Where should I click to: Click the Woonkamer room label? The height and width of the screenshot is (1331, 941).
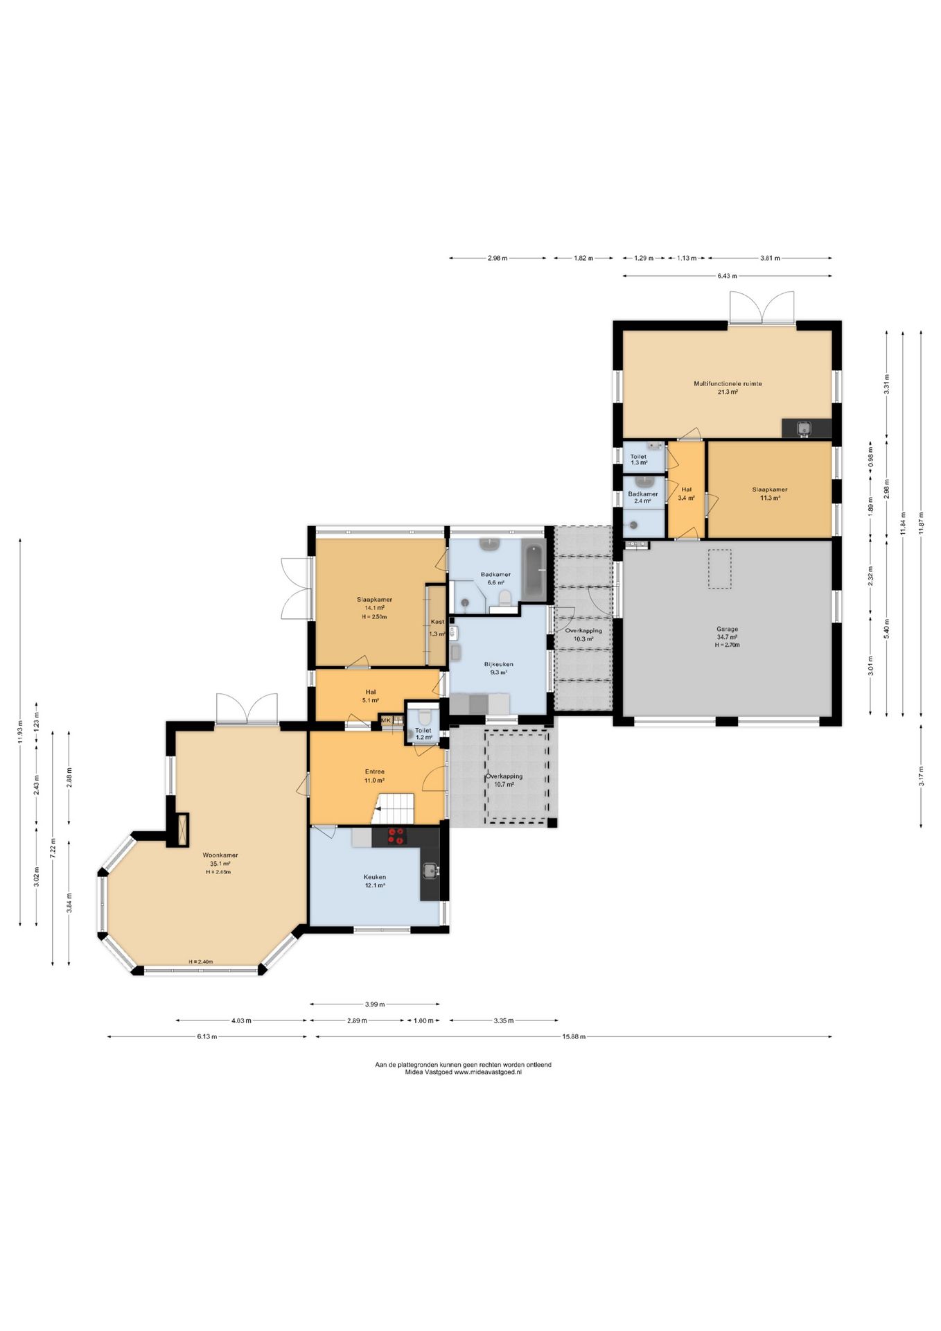click(x=220, y=855)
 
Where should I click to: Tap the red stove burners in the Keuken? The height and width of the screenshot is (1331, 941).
click(x=397, y=836)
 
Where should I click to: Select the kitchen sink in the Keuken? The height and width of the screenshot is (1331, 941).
click(x=430, y=871)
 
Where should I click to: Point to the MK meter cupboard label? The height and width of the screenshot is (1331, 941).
click(x=386, y=720)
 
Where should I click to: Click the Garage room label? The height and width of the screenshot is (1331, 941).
click(x=727, y=629)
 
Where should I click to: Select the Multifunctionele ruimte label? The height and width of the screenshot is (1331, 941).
click(x=728, y=383)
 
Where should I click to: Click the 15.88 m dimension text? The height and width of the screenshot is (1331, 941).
click(x=574, y=1037)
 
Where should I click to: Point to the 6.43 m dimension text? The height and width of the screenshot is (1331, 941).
click(x=727, y=276)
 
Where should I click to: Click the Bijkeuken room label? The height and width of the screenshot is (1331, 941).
click(x=498, y=664)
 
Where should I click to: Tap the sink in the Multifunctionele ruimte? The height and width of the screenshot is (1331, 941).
click(x=804, y=428)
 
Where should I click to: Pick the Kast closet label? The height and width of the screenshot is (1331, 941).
click(x=437, y=622)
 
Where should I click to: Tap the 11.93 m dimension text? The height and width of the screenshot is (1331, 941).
click(x=21, y=732)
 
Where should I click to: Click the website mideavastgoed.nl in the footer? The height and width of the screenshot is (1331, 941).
click(x=488, y=1072)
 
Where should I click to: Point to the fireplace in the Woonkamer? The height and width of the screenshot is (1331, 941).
click(x=183, y=829)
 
